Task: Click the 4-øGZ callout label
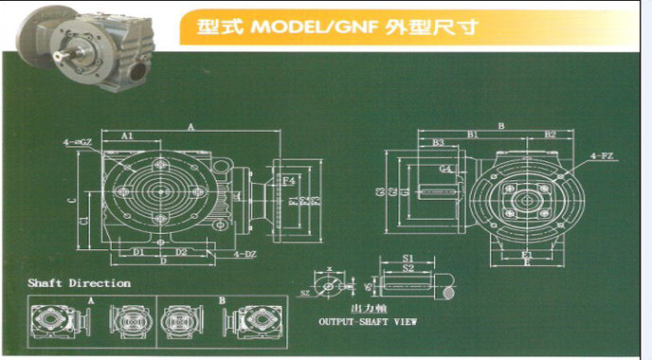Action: click(78, 142)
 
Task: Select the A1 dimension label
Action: click(128, 136)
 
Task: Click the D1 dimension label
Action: click(138, 252)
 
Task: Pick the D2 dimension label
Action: click(181, 252)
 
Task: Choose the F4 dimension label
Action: click(289, 180)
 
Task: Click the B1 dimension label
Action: click(471, 135)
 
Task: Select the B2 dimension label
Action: click(550, 135)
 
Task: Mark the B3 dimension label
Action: click(438, 143)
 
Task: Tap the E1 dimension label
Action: click(526, 253)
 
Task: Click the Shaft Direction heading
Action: click(80, 283)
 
